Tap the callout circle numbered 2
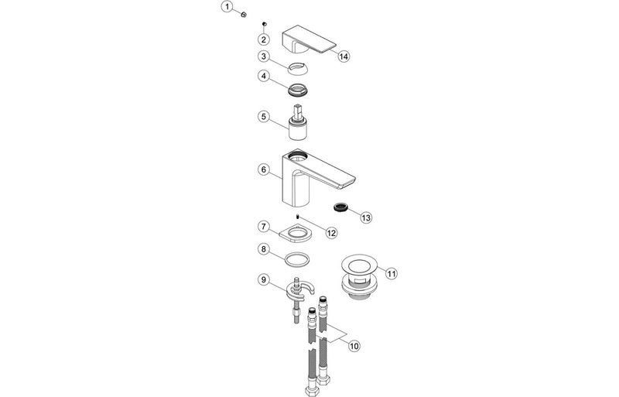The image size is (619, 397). [264, 39]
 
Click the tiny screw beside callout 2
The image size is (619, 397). [264, 25]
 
